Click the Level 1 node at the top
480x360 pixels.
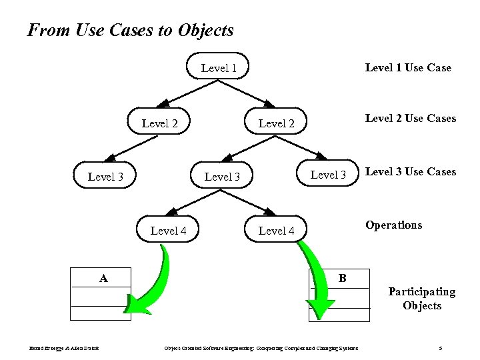[219, 68]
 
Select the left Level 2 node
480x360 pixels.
[160, 123]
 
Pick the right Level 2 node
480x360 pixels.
[276, 123]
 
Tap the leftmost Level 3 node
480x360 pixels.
[105, 177]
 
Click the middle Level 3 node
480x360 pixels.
[222, 177]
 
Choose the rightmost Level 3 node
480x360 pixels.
[329, 175]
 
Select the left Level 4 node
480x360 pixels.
[168, 231]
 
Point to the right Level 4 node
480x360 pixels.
[276, 231]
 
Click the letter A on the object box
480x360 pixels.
[103, 278]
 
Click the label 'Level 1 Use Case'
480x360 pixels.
[408, 67]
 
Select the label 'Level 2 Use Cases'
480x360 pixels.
[411, 118]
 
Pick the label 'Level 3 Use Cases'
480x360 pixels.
[411, 172]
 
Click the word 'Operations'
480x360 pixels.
[393, 225]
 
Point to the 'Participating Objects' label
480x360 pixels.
[422, 299]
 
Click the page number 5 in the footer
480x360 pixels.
[441, 348]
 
